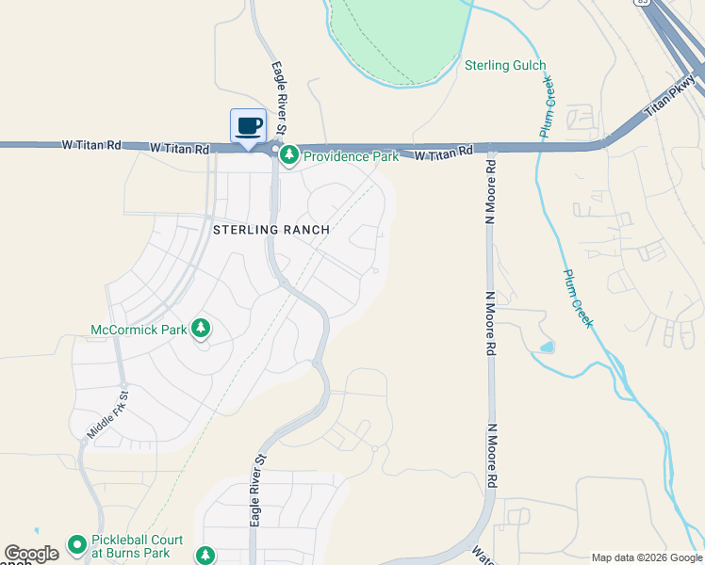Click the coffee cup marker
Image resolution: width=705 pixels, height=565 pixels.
pos(248,126)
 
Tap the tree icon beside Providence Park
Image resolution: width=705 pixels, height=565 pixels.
pos(288,154)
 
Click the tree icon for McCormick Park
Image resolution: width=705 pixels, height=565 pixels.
pos(200,329)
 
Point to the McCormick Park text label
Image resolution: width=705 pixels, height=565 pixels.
pos(138,331)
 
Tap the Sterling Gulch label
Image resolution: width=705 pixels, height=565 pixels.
pos(505,65)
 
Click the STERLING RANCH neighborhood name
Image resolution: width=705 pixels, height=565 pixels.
pos(271,230)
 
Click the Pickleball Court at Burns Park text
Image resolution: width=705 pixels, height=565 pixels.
pos(131,546)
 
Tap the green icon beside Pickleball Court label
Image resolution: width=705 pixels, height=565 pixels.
pos(76,545)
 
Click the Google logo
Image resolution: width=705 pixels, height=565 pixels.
pos(31,555)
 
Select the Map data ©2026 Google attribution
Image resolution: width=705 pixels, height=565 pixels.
pos(646,557)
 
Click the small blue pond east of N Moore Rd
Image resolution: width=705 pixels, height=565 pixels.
pos(547,347)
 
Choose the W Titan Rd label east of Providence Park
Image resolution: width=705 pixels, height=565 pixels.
pos(443,153)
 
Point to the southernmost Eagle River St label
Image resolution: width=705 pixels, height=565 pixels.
pos(255,489)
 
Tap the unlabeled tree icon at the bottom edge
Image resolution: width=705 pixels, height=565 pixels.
pos(205,556)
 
